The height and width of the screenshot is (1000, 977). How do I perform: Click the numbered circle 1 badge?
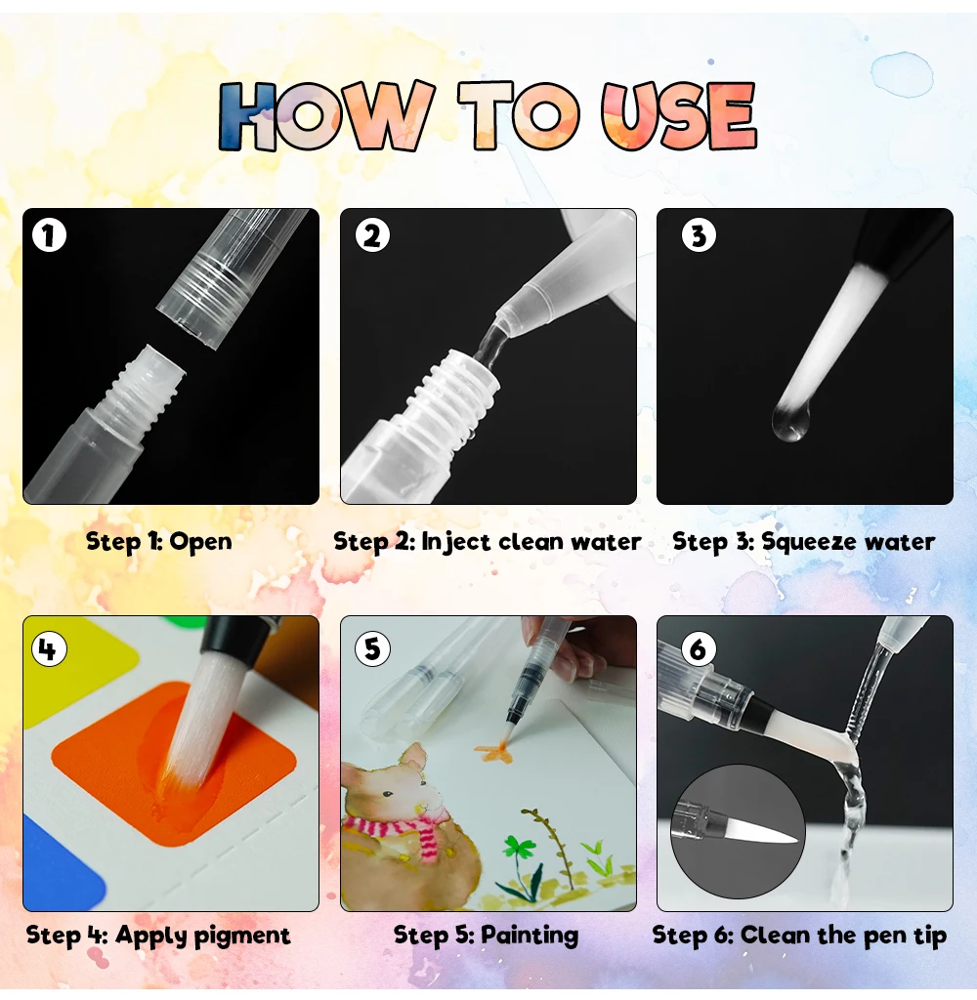49,235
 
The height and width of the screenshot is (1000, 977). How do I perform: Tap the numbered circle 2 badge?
372,235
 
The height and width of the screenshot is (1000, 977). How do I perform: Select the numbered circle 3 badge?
699,235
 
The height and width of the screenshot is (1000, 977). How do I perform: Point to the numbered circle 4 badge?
49,649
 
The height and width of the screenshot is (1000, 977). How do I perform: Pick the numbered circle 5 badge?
372,649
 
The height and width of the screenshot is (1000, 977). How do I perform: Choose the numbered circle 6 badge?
699,649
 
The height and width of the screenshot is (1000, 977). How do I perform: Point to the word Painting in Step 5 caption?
530,937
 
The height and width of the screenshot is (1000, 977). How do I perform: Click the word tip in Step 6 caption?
930,937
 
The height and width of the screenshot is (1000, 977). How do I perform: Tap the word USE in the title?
679,116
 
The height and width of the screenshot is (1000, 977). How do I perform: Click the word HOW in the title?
325,116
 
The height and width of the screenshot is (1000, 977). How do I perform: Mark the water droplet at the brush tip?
790,422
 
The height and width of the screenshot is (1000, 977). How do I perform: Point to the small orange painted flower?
493,753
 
